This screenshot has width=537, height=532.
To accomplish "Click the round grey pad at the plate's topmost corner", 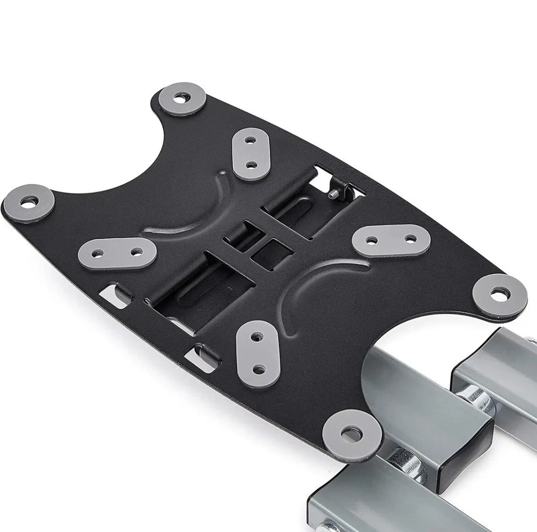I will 182,99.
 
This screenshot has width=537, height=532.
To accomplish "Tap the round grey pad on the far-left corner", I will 29,202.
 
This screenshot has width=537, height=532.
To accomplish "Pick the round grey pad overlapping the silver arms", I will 352,434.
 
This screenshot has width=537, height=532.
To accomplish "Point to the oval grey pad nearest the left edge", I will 117,253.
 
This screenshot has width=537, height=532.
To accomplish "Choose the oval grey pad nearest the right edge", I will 391,240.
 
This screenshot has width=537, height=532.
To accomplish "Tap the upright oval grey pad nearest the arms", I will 258,353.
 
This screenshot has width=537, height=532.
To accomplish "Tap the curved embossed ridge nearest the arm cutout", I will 313,291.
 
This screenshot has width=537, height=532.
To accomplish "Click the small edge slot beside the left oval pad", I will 115,294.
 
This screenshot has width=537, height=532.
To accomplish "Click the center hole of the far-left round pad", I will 29,202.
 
